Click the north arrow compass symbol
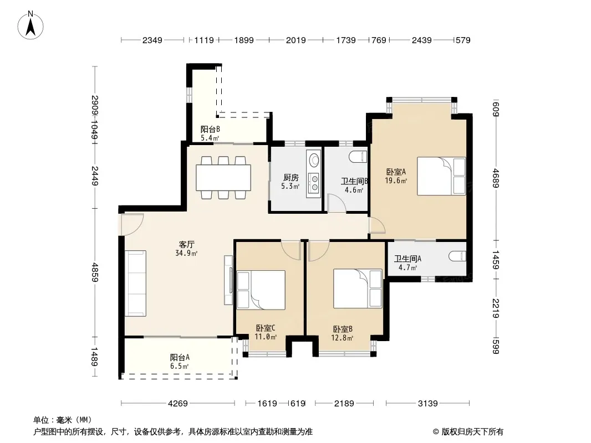point(30,25)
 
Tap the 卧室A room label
point(396,172)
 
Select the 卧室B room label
point(343,329)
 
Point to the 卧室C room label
point(266,328)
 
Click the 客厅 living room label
point(187,245)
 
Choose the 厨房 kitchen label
point(291,177)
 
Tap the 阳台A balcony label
point(180,357)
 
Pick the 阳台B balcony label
point(210,129)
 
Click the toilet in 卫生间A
point(457,256)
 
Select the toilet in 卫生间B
point(358,156)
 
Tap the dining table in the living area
point(223,178)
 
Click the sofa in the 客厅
point(135,284)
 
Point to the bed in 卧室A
point(441,176)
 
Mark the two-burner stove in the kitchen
point(314,182)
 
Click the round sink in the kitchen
point(314,160)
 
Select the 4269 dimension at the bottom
point(177,404)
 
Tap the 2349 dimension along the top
point(152,40)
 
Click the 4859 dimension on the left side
point(95,272)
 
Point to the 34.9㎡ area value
point(186,253)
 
